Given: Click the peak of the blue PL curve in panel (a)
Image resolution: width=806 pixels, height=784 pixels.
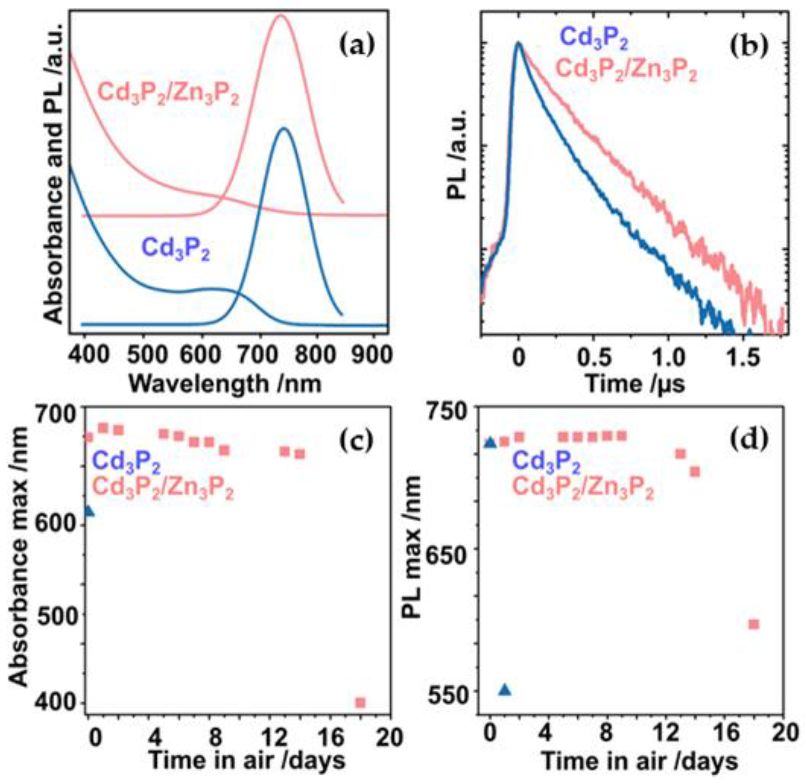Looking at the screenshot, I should [284, 128].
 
